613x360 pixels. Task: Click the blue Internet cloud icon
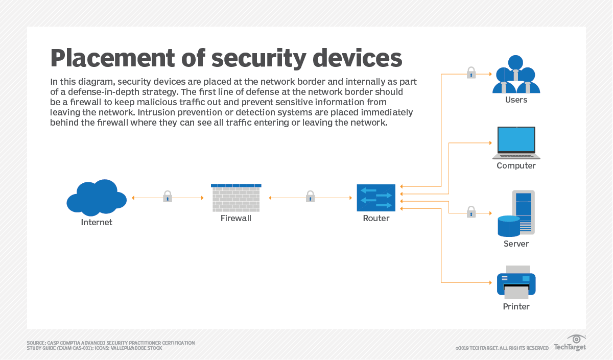[97, 198]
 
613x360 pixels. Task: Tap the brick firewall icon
[236, 198]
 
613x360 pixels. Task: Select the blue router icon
[376, 198]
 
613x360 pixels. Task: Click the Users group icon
[516, 75]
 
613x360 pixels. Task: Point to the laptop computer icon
[516, 142]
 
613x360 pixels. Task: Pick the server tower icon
[517, 213]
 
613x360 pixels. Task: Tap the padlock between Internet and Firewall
[168, 197]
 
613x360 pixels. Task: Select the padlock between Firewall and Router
[310, 197]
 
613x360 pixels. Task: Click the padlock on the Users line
[471, 73]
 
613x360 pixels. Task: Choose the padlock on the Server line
[471, 212]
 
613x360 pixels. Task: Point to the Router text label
[376, 219]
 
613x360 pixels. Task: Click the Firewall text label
[236, 219]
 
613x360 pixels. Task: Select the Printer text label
[516, 306]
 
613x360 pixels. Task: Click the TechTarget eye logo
[577, 339]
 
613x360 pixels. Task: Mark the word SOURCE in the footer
[35, 343]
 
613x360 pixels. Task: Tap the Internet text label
[97, 222]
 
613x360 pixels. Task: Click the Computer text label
[516, 165]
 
